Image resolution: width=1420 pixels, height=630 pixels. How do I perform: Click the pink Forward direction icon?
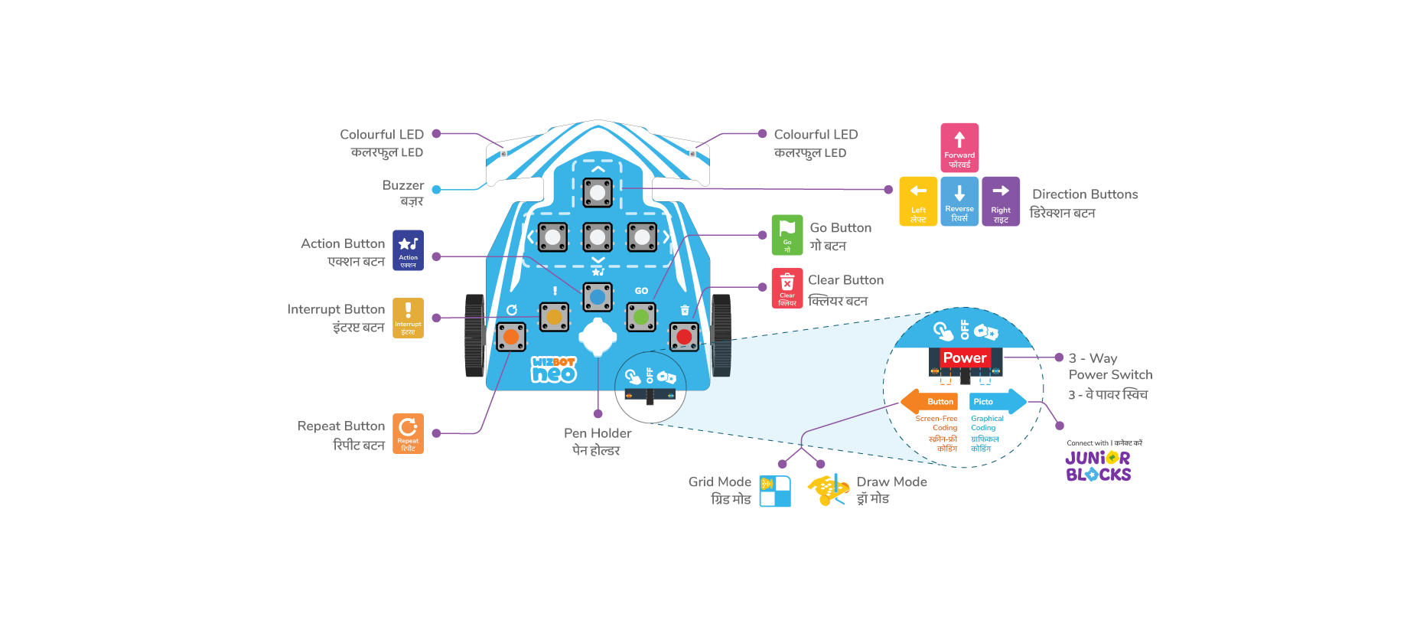[x=959, y=147]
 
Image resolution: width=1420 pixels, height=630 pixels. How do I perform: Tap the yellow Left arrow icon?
[x=918, y=201]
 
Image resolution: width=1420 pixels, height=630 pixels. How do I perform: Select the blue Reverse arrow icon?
[x=959, y=201]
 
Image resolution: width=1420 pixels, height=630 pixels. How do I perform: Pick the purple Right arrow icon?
[x=1001, y=201]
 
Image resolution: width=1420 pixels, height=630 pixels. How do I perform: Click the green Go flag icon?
[x=787, y=234]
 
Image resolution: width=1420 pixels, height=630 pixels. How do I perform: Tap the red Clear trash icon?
[x=787, y=288]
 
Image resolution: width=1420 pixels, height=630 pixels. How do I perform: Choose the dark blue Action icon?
[x=408, y=250]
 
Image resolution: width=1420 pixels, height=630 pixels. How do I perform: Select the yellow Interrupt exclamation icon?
[x=408, y=317]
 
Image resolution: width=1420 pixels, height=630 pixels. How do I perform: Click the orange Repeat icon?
[x=408, y=433]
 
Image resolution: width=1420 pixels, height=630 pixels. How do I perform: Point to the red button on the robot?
[x=684, y=336]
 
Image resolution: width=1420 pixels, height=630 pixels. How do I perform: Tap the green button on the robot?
[x=641, y=316]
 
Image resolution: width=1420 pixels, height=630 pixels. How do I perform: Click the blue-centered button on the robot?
[x=598, y=297]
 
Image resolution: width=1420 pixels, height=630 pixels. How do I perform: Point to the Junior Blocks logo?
[x=1098, y=466]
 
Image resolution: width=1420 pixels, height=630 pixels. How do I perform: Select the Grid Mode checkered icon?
[x=775, y=491]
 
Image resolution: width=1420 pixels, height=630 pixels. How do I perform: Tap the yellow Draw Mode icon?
[x=828, y=489]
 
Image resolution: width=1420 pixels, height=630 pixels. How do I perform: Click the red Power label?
[x=964, y=357]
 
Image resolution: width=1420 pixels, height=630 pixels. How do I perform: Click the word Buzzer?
[x=402, y=185]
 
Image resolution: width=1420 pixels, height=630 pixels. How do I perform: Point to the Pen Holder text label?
[x=598, y=433]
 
